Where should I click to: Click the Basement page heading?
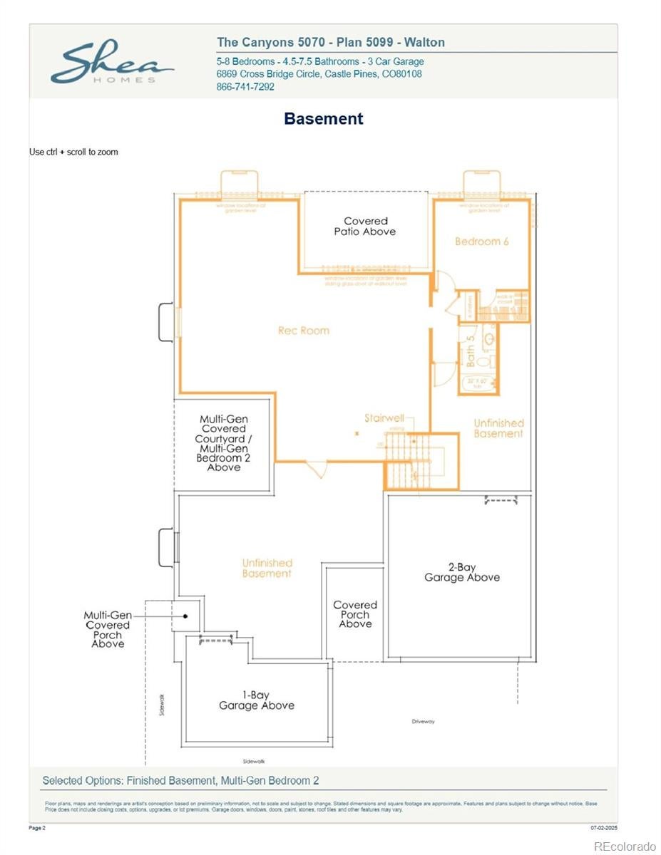pos(323,119)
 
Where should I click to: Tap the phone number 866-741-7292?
pos(245,87)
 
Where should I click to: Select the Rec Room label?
pos(304,331)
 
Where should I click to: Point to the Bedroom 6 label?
pos(482,242)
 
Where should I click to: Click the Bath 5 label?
pos(471,351)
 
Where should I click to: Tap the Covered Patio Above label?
pos(365,227)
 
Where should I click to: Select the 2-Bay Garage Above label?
pos(461,572)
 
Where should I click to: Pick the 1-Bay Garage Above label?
pos(256,700)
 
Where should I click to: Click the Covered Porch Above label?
pos(354,614)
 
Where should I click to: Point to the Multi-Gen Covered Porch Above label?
pos(108,629)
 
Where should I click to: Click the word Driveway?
pos(423,722)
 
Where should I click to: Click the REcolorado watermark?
pos(625,846)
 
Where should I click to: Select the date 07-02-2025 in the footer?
pos(604,828)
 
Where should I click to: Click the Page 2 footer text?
pos(37,828)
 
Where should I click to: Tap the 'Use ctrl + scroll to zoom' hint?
pos(73,152)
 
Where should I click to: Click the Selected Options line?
pos(180,780)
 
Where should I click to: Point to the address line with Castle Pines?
pos(319,74)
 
